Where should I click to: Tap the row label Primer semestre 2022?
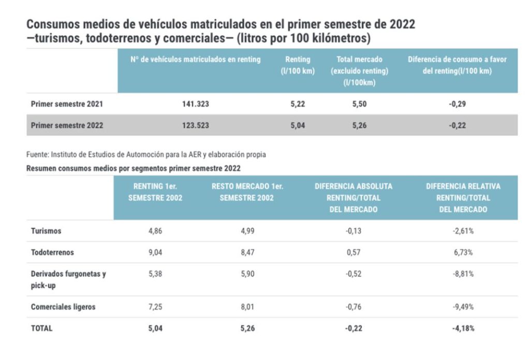coord(67,125)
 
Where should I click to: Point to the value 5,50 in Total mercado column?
coord(359,104)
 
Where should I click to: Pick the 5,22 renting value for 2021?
coord(298,104)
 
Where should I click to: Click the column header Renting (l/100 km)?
coord(298,65)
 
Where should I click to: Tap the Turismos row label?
coord(46,231)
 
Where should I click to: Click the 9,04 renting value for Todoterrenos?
coord(155,253)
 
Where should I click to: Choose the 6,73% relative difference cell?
coord(463,253)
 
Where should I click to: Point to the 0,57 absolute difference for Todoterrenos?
coord(354,253)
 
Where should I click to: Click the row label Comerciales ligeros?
coord(63,307)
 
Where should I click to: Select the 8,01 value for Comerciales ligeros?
coord(247,307)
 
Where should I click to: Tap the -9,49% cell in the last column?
coord(463,307)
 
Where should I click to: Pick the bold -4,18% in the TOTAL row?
coord(463,328)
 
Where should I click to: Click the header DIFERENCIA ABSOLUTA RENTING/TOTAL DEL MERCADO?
coord(354,197)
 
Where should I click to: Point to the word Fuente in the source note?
coord(36,155)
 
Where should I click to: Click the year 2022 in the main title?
coord(400,25)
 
